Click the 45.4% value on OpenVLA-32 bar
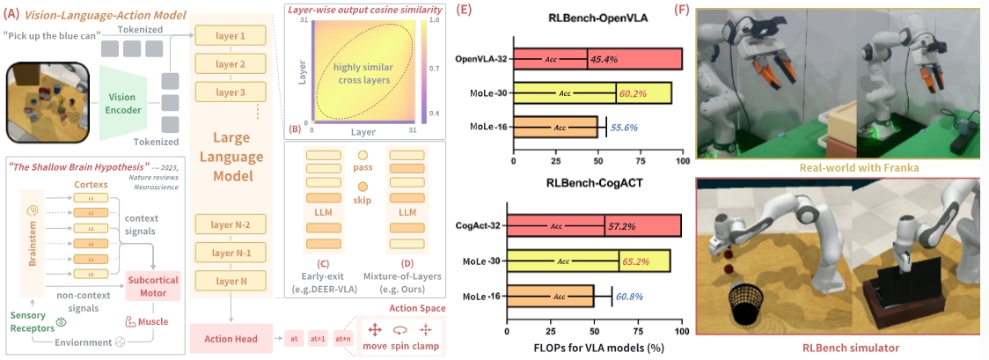(607, 59)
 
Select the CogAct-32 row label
(480, 225)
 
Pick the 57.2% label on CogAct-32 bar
(624, 225)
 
